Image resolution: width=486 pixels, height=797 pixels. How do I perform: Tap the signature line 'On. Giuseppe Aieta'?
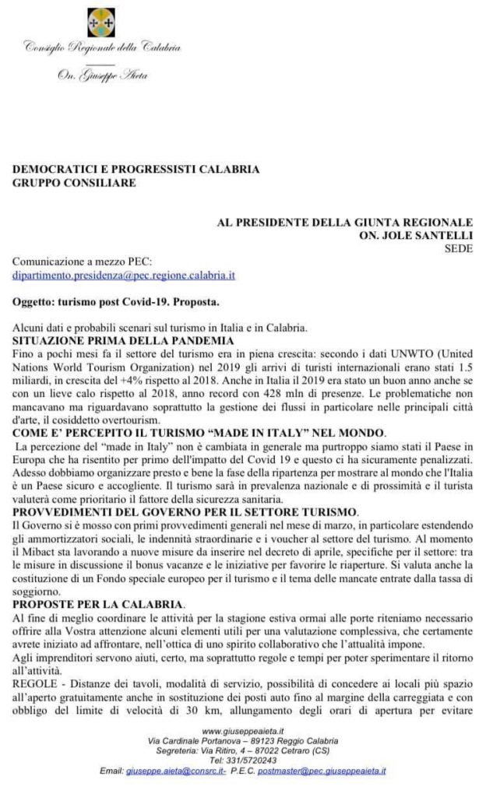pos(102,75)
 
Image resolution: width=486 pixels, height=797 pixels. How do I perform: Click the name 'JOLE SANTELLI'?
pos(429,235)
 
